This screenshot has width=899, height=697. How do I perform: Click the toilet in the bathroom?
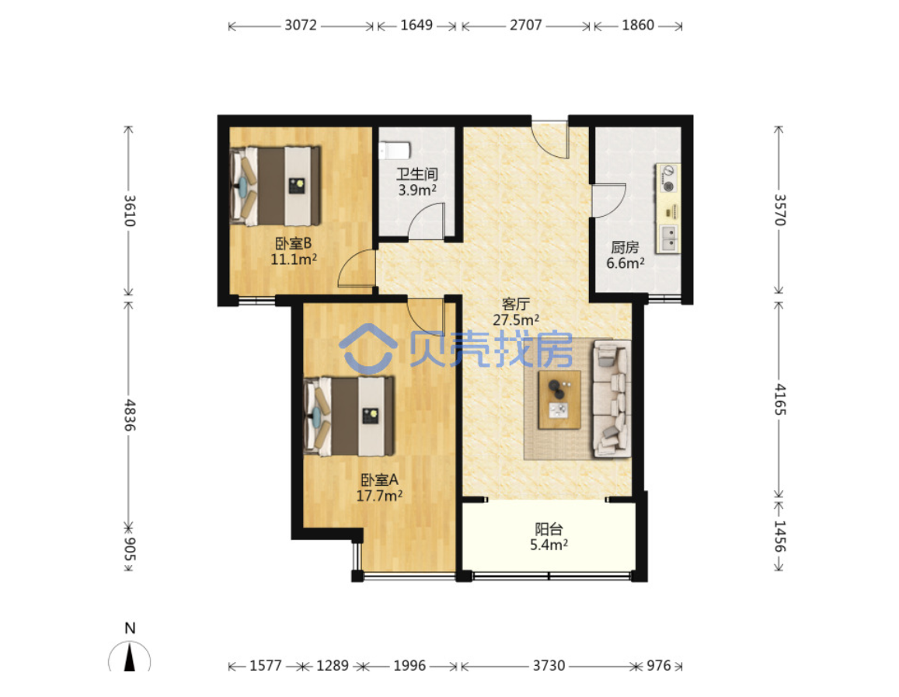tap(395, 151)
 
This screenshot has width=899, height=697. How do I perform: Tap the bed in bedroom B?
tap(275, 186)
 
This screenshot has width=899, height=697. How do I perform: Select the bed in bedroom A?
tap(349, 416)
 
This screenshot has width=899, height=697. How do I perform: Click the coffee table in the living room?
tap(559, 399)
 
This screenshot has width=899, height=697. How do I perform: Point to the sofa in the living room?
tap(612, 399)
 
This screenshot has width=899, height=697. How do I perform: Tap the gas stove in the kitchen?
tap(667, 179)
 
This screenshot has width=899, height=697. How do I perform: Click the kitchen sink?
tap(668, 239)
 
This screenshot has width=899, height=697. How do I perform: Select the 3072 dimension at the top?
tap(301, 25)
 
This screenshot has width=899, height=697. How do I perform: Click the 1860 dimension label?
tap(638, 25)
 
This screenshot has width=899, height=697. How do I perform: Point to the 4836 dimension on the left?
tap(130, 416)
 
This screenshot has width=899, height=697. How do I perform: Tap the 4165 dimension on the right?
tap(780, 399)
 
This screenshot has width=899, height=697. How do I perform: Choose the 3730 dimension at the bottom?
tap(549, 665)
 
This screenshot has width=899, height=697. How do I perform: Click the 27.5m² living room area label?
tap(515, 320)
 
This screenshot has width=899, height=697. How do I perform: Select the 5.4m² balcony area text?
tap(549, 545)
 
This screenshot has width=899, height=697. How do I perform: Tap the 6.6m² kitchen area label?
tap(625, 263)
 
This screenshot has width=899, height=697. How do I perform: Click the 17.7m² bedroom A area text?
tap(379, 495)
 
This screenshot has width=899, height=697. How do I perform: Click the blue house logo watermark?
tap(368, 348)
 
